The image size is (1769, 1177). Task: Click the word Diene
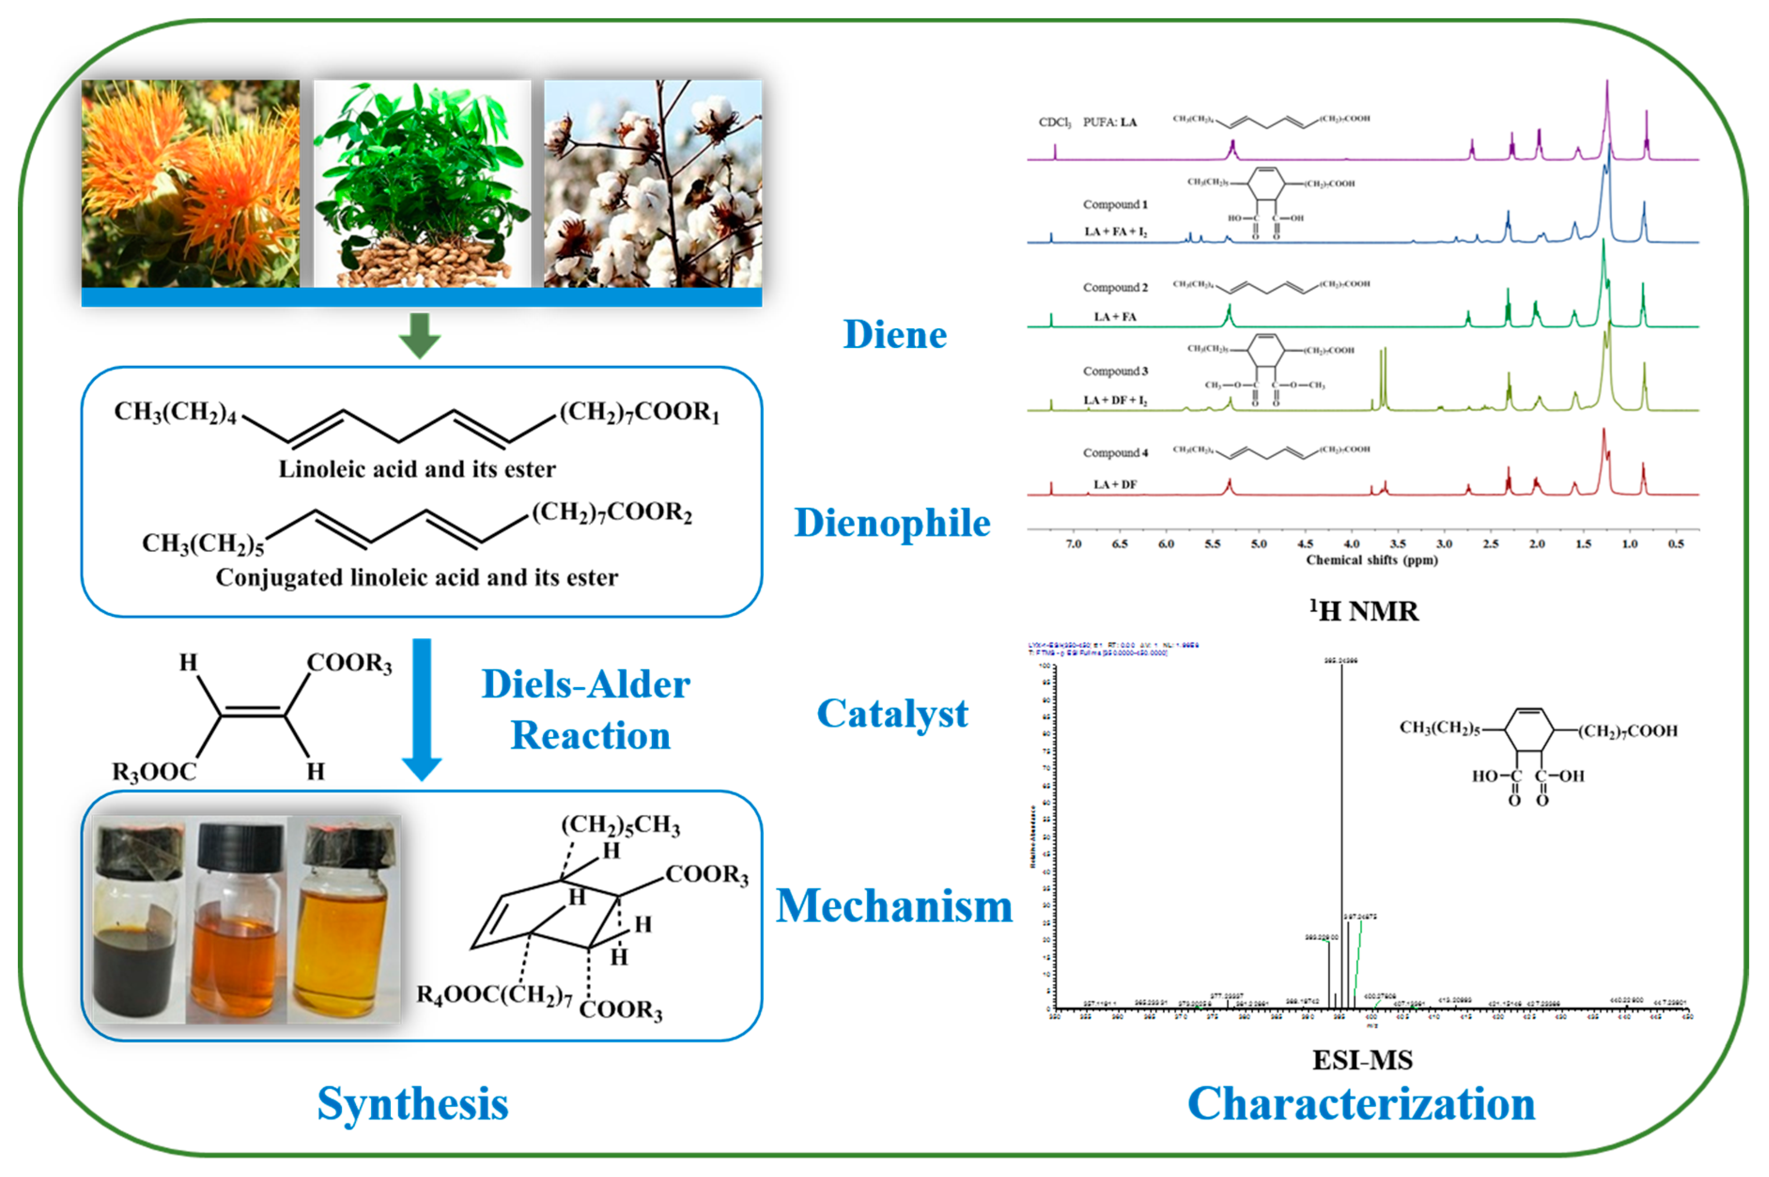(895, 335)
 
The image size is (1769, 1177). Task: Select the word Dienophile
(892, 523)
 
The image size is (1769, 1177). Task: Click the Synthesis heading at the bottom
(413, 1104)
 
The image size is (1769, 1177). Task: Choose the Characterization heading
(1361, 1104)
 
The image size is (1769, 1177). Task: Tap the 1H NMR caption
(1364, 611)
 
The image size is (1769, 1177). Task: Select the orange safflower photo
(191, 184)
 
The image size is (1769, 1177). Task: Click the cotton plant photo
(652, 184)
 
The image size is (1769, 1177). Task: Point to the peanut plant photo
(422, 184)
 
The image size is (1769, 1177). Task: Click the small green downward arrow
(419, 335)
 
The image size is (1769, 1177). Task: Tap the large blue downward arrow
(422, 709)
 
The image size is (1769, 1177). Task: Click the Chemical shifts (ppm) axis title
(1371, 560)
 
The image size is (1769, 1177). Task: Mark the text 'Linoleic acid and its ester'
(417, 470)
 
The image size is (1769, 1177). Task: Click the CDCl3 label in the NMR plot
(1054, 123)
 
